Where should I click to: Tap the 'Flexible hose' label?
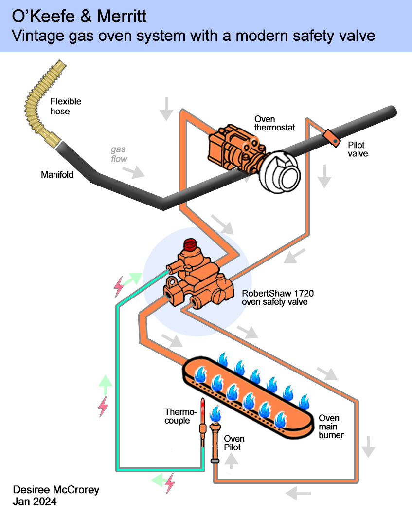(66, 107)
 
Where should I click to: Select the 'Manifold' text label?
(57, 174)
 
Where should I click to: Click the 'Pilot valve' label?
(358, 149)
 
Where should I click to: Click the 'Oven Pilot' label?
(234, 443)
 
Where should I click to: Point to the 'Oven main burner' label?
(331, 427)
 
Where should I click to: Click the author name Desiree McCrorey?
(56, 490)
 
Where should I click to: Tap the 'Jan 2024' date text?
(35, 502)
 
